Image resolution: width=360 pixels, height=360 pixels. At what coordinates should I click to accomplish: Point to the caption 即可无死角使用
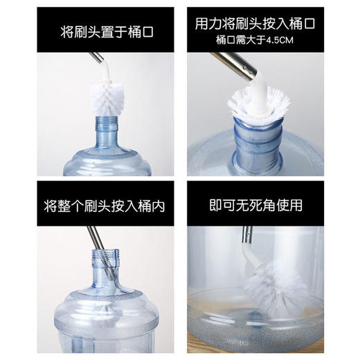click(x=266, y=206)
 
